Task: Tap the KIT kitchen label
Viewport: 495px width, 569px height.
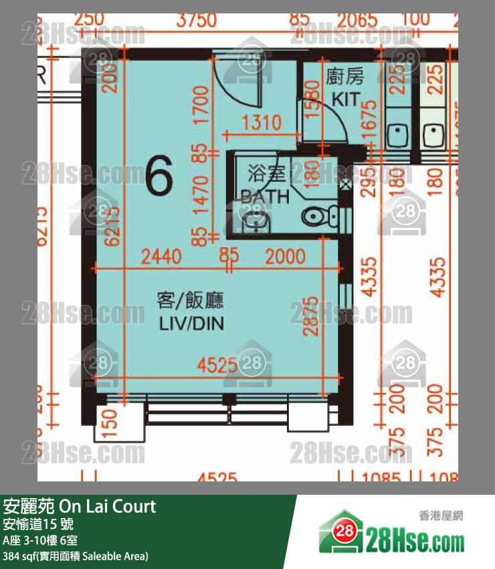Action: click(x=345, y=100)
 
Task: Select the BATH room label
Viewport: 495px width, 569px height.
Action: click(x=266, y=197)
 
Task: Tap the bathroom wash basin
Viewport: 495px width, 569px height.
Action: click(x=255, y=221)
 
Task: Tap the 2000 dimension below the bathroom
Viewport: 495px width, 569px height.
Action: click(x=285, y=256)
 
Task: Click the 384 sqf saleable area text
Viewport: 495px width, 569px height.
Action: click(x=76, y=556)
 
